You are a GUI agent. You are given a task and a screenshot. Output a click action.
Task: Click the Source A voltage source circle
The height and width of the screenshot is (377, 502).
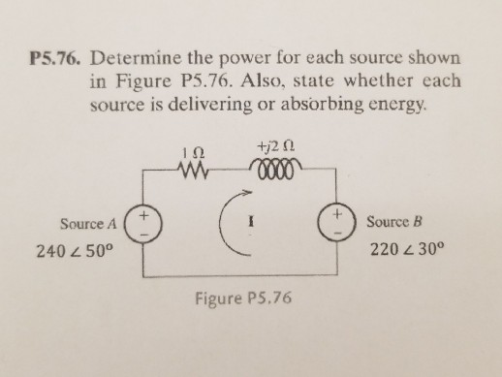click(x=144, y=221)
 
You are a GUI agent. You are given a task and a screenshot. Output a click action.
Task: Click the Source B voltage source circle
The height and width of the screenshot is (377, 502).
click(x=339, y=221)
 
